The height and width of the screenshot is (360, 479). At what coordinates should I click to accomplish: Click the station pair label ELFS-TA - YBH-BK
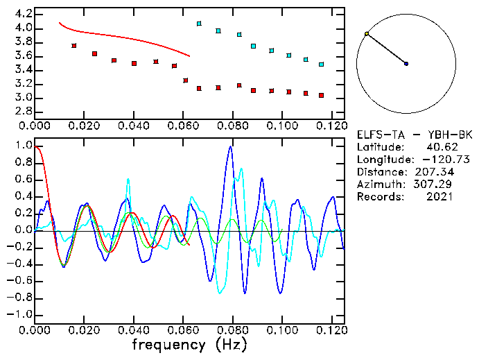(414, 135)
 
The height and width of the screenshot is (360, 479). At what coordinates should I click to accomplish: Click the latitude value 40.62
(439, 147)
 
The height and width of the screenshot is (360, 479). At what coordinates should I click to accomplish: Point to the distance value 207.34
(435, 172)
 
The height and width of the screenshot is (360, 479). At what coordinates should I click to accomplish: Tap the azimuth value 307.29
(435, 185)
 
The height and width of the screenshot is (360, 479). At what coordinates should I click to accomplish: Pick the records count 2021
(439, 197)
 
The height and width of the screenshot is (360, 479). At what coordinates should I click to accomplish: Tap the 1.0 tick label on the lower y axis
(24, 146)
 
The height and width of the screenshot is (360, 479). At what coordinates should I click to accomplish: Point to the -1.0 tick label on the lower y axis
(20, 314)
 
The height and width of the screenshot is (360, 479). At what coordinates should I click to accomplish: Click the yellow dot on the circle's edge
(367, 33)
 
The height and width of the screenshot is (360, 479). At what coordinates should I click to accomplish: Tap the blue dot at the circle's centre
(406, 64)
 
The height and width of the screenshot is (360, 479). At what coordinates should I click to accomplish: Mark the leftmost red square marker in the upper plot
(74, 46)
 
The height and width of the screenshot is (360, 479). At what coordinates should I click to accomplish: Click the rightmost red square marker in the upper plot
(321, 95)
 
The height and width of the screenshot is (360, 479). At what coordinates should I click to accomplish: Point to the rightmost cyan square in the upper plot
(321, 65)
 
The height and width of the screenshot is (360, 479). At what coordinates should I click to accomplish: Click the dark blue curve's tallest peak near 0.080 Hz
(230, 146)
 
